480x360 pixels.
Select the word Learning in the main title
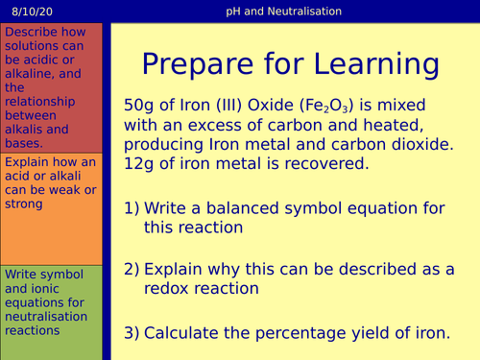coord(368,65)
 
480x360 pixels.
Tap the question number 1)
coord(135,209)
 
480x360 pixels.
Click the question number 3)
coord(135,333)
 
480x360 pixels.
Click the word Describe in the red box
coord(32,32)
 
